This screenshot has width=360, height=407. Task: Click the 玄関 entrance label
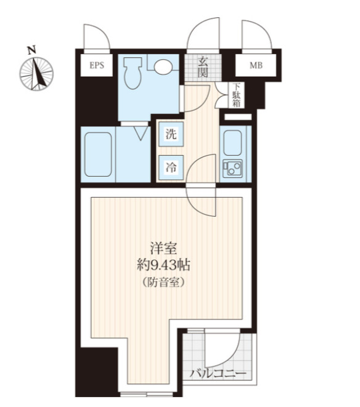click(202, 66)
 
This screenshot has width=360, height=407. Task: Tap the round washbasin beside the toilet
click(164, 66)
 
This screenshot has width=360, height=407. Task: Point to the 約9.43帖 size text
click(163, 265)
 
